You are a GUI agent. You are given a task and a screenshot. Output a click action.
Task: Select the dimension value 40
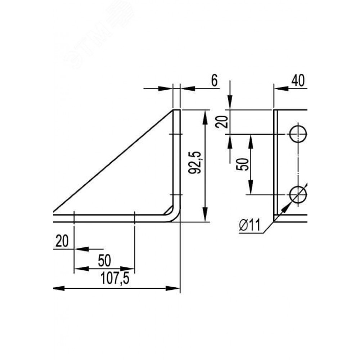298,81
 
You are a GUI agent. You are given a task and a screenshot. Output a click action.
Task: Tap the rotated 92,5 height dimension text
195,162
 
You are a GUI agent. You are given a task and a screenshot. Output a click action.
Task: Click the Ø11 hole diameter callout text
250,225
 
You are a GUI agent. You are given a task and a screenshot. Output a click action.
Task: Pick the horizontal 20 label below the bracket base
62,241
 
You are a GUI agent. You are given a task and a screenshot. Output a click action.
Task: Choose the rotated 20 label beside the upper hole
222,122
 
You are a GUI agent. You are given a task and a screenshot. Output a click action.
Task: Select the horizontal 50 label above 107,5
104,261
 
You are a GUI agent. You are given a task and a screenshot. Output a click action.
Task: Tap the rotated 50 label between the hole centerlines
243,164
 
